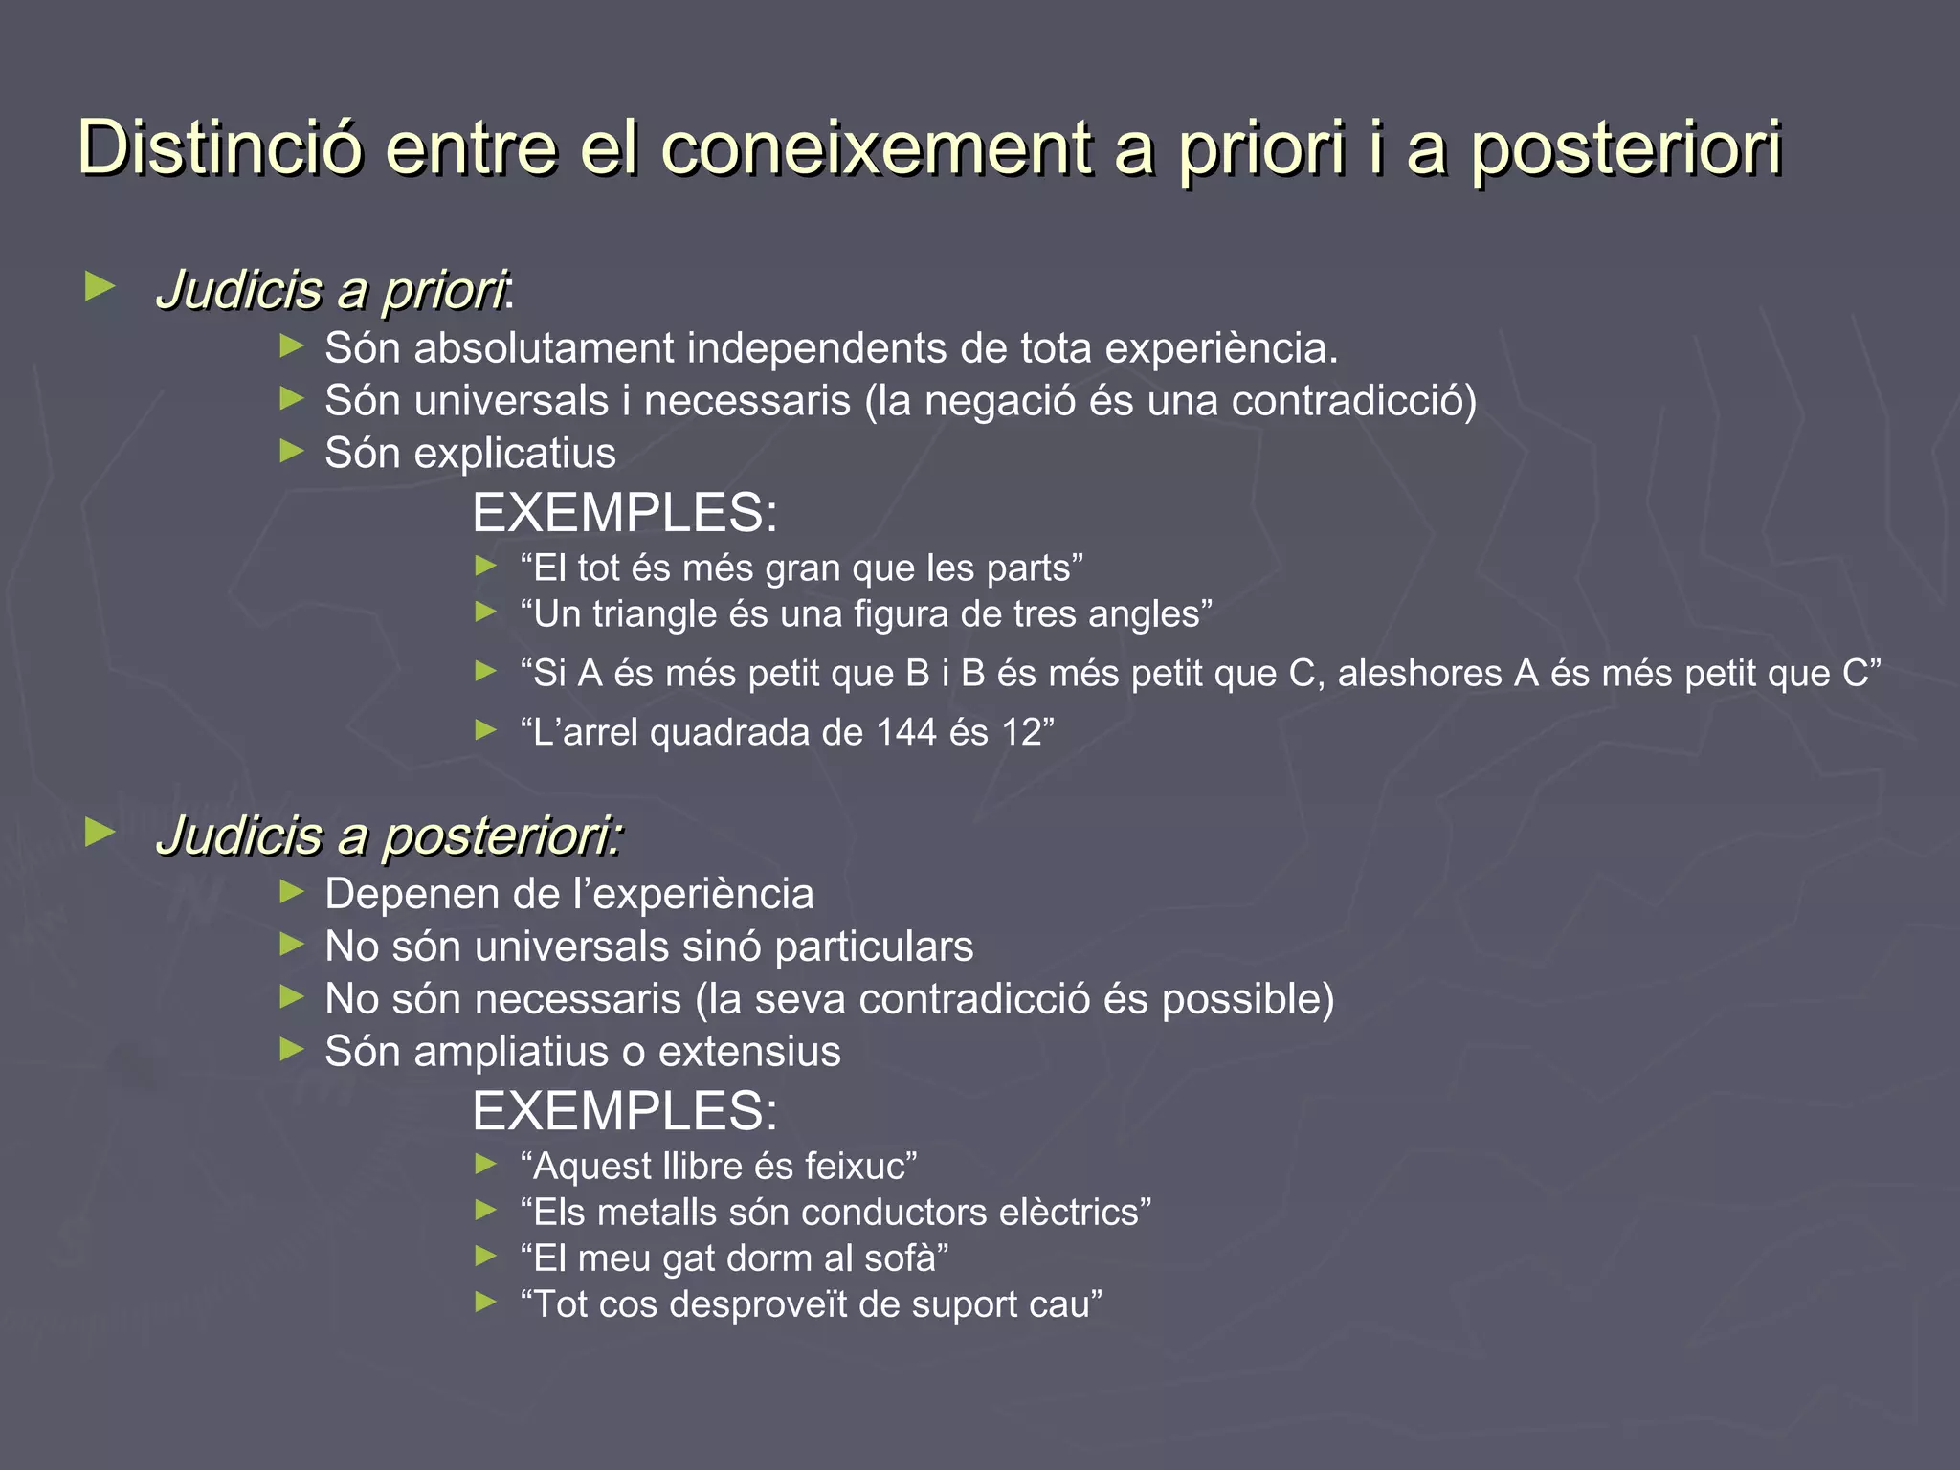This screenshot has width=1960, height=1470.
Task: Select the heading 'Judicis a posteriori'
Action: [x=389, y=835]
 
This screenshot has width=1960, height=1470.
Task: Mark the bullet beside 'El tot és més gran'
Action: [x=486, y=567]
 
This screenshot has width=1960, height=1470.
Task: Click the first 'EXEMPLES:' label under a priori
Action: [x=624, y=513]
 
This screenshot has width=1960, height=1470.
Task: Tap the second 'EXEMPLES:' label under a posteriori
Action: [x=624, y=1111]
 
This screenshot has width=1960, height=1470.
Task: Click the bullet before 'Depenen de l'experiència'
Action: [x=291, y=892]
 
